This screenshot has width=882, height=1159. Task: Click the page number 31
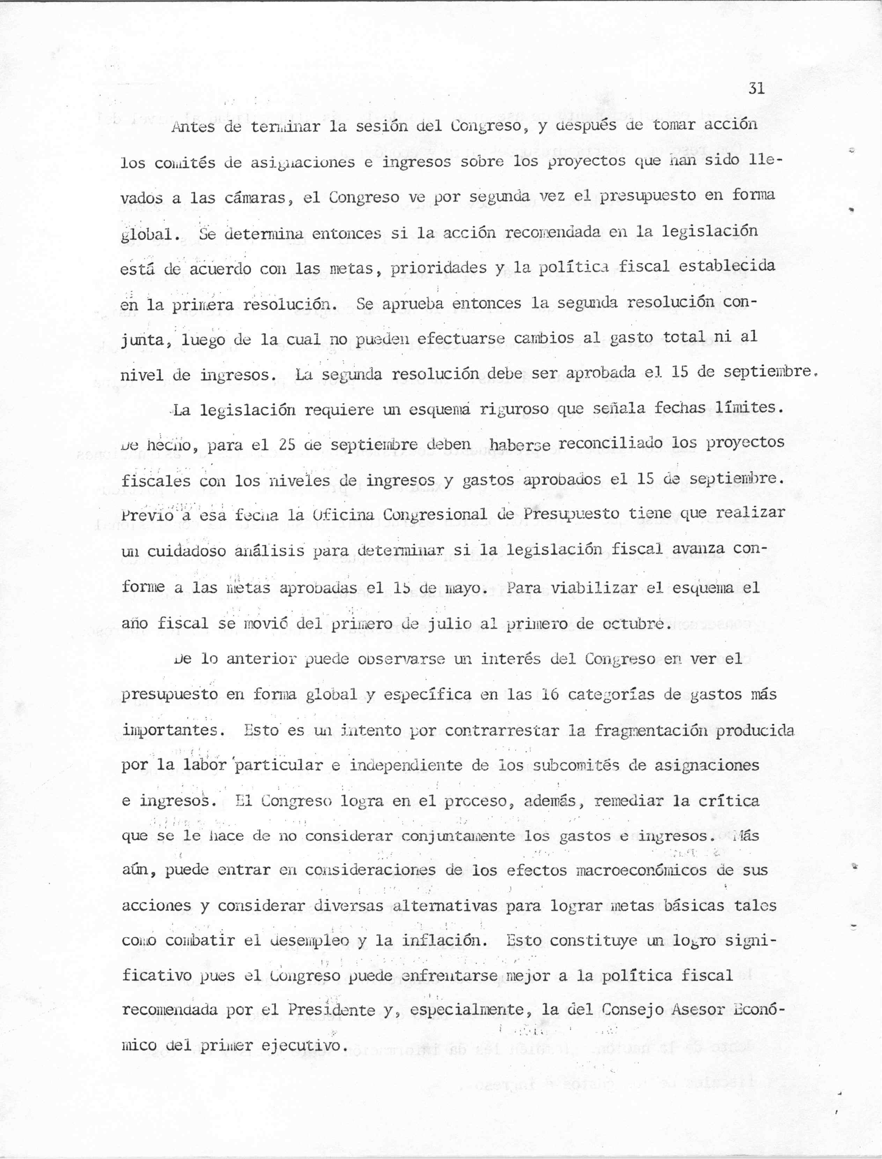pyautogui.click(x=756, y=88)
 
